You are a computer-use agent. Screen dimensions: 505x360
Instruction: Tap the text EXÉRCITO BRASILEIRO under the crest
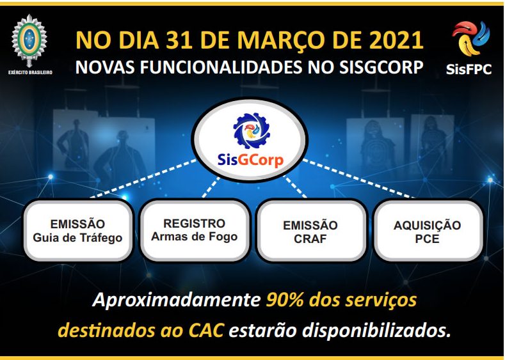(x=30, y=72)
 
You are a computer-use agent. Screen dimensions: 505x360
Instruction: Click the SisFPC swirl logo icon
(x=470, y=38)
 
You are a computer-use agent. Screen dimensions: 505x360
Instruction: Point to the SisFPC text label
(x=469, y=69)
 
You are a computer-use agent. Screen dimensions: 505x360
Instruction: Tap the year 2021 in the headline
(x=396, y=40)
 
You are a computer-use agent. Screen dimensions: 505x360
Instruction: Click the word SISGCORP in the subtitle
(x=381, y=68)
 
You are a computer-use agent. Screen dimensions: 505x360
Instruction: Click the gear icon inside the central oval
(x=252, y=130)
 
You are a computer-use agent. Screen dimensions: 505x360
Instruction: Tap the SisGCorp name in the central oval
(x=250, y=160)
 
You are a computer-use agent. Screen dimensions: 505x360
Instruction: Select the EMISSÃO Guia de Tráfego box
(x=78, y=230)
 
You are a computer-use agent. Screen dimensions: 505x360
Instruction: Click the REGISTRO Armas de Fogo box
(x=195, y=230)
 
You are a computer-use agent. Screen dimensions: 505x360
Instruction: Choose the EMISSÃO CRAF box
(x=310, y=230)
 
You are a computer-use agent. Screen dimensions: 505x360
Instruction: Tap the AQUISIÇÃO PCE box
(x=428, y=230)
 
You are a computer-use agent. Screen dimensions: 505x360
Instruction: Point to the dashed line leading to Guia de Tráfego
(x=143, y=178)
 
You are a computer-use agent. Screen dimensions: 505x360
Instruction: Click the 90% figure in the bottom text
(x=285, y=300)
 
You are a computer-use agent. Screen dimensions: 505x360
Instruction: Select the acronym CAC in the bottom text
(x=206, y=331)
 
